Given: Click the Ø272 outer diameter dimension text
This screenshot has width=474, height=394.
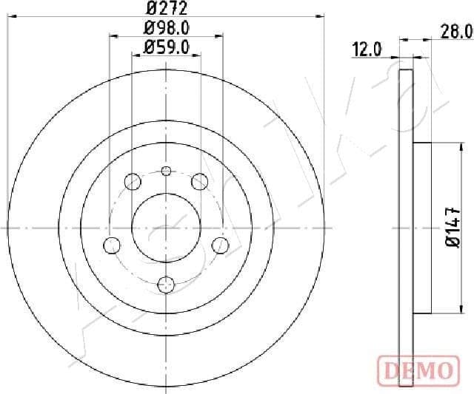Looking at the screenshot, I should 166,9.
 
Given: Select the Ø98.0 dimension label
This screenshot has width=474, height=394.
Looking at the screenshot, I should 166,29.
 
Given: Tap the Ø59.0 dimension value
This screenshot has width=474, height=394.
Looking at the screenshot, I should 166,47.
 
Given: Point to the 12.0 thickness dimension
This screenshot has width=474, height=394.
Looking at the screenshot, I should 367,50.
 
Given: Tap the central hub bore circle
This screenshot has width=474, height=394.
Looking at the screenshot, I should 166,228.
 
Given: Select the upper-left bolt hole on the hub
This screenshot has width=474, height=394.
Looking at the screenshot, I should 133,180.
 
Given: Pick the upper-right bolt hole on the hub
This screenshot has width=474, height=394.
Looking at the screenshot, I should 199,180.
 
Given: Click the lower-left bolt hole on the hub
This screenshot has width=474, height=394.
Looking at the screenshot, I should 113,245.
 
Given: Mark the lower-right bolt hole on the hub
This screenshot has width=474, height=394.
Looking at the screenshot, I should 220,245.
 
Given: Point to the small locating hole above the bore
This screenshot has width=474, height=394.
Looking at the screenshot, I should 166,171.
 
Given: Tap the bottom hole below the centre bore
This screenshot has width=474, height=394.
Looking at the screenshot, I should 166,282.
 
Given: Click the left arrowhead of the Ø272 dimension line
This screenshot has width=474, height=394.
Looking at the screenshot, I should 10,15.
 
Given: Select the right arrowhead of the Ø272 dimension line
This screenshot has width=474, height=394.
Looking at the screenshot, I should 321,15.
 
